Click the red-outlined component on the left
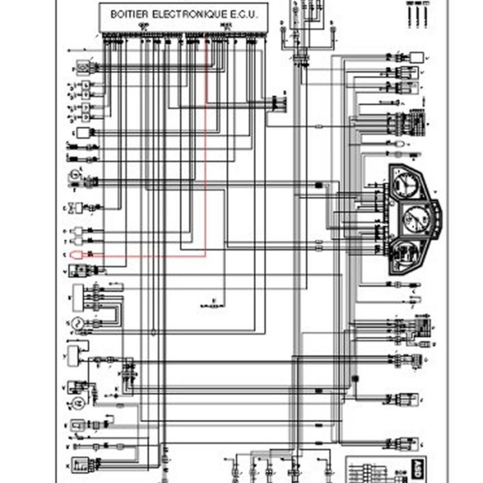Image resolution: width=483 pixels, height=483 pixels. click(x=77, y=255)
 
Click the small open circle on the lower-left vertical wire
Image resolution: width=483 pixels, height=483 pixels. click(x=153, y=332)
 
